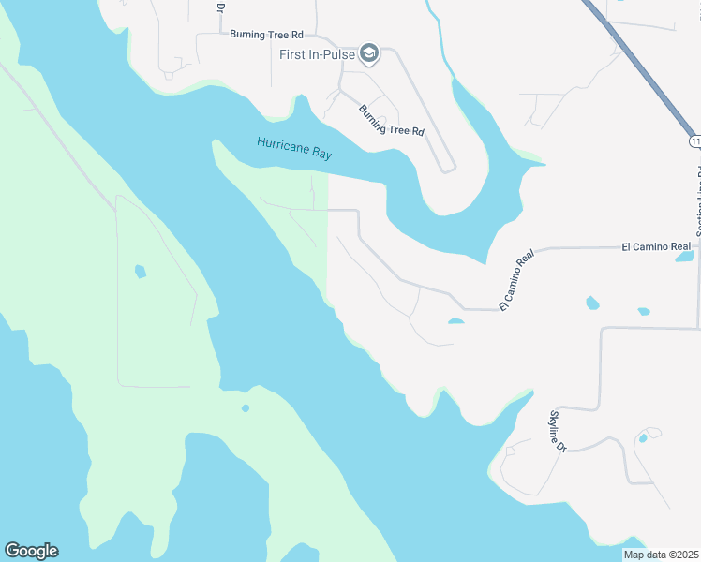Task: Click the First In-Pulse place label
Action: pos(317,54)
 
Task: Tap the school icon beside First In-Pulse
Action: pos(369,53)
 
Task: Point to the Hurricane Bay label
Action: pos(294,147)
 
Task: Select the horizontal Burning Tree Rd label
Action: pos(267,34)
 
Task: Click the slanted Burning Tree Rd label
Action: pos(392,120)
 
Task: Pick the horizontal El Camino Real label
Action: pos(656,246)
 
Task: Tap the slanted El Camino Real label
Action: pos(516,280)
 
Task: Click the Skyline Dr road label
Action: pos(558,432)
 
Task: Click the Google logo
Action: pos(31,551)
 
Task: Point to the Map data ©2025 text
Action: pos(661,555)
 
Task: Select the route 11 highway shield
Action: pos(694,141)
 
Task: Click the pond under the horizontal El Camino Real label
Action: pos(684,257)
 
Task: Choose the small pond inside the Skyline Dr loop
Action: pos(643,437)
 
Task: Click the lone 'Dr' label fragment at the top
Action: pos(221,7)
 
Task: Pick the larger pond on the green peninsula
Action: pos(141,272)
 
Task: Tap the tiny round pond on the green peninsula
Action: pos(246,408)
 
